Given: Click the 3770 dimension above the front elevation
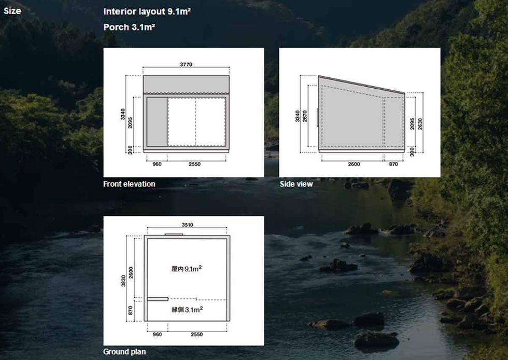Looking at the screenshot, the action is click(186, 64).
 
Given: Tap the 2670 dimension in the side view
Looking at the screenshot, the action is click(305, 116).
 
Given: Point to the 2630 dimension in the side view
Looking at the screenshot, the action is click(420, 124).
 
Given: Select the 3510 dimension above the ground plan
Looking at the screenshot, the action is click(187, 225).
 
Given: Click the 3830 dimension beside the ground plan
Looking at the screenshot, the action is click(123, 281).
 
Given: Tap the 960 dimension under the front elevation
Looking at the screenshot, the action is click(157, 164).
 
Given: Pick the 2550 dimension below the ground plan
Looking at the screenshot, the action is click(196, 335).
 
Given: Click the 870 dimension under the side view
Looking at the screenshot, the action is click(393, 164).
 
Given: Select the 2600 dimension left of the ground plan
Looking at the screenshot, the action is click(131, 272).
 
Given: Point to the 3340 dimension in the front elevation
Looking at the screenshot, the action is click(123, 114).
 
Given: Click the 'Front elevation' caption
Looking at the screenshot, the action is click(129, 184).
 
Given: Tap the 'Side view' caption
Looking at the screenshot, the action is click(296, 184).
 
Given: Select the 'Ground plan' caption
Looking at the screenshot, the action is click(124, 352).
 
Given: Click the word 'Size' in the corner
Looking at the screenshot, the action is click(12, 11).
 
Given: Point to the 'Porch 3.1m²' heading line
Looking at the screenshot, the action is click(129, 27).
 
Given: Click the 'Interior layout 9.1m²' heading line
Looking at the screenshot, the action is click(147, 12).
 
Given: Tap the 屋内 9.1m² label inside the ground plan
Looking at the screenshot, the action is click(186, 269).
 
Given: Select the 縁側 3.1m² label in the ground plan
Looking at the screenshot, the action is click(187, 309).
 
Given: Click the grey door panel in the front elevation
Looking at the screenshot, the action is click(157, 121).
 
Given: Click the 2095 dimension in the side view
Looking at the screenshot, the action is click(412, 124).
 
